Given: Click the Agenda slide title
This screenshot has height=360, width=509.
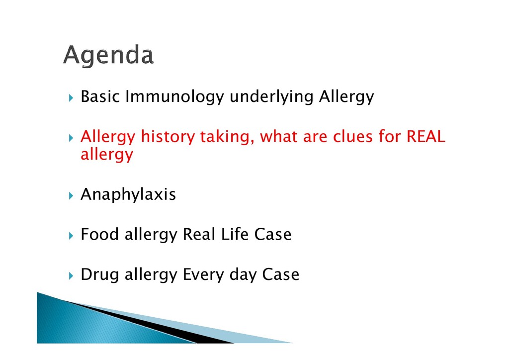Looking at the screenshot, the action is click(x=108, y=56).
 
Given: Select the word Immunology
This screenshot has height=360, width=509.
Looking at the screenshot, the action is click(x=174, y=97).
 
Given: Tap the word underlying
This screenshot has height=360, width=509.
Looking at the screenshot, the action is click(x=271, y=97).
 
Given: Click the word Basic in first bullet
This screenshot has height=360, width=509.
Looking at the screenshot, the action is click(x=100, y=96).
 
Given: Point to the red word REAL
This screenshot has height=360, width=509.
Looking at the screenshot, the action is click(x=425, y=136).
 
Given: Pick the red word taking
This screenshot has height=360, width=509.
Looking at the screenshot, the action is click(x=227, y=137).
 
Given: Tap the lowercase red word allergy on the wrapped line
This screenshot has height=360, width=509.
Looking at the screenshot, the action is click(x=107, y=154).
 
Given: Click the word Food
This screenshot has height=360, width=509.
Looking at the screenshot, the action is click(x=99, y=234).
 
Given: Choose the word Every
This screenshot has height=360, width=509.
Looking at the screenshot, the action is click(x=203, y=274).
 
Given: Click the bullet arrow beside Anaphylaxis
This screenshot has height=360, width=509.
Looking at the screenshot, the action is click(x=71, y=195).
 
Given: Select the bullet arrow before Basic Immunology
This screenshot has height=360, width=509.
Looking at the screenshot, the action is click(x=71, y=97).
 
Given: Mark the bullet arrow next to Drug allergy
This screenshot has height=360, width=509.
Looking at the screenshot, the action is click(x=71, y=276).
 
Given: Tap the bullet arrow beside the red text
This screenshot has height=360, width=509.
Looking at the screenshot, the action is click(x=71, y=138).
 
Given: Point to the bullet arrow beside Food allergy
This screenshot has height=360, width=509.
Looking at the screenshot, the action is click(x=71, y=235).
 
